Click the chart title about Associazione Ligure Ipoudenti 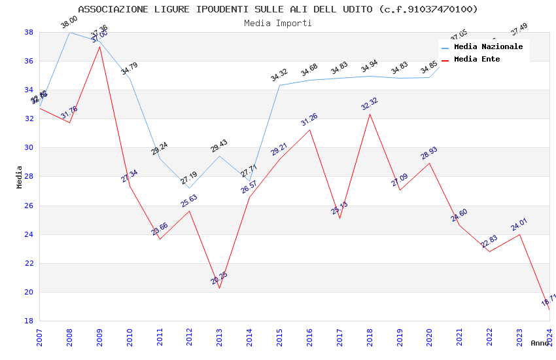click(278, 9)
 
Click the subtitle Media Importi click(278, 23)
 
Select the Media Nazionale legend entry click(488, 47)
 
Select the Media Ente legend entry click(477, 59)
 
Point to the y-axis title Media click(20, 177)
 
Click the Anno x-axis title click(540, 343)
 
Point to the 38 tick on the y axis click(29, 32)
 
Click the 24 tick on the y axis click(29, 234)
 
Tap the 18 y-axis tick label click(29, 321)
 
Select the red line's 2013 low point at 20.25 click(219, 288)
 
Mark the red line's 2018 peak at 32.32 click(370, 115)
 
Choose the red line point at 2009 click(99, 46)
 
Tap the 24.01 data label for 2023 click(519, 225)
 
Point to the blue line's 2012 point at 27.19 click(189, 188)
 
